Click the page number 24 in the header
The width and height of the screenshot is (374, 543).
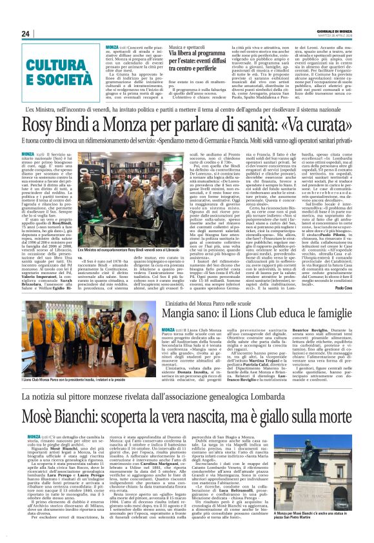(26, 34)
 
